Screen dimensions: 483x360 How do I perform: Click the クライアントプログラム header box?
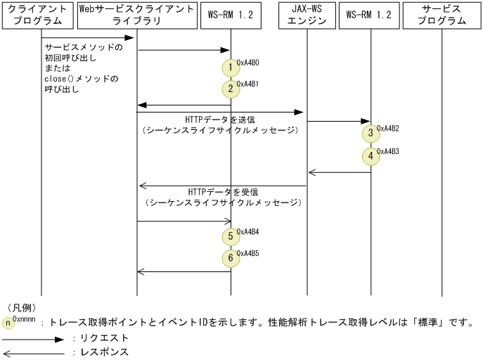point(37,15)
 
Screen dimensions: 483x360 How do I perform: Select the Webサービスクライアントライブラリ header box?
point(137,15)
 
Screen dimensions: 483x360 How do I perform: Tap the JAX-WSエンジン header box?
point(307,15)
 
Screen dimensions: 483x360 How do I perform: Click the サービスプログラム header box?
point(442,15)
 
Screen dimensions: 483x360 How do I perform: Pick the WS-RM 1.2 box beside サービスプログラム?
point(369,15)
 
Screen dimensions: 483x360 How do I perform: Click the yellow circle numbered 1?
point(231,67)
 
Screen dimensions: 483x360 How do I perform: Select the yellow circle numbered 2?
point(231,89)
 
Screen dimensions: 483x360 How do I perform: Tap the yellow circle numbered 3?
point(371,134)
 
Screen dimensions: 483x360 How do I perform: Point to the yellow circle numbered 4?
point(371,156)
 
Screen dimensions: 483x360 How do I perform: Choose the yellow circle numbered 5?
point(231,236)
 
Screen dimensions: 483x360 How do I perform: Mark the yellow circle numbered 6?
point(231,258)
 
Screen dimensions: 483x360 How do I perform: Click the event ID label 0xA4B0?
point(247,63)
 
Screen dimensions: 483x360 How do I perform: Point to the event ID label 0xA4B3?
point(388,151)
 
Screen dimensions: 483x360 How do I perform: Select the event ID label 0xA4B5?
point(247,253)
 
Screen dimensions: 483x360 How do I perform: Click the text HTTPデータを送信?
point(220,120)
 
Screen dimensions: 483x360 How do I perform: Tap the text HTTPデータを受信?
point(223,192)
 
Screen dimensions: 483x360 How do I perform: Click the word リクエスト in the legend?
point(104,337)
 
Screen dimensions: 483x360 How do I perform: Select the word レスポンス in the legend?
point(104,352)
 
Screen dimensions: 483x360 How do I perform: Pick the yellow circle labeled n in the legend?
point(8,323)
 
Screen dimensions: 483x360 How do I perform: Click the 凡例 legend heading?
point(22,307)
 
